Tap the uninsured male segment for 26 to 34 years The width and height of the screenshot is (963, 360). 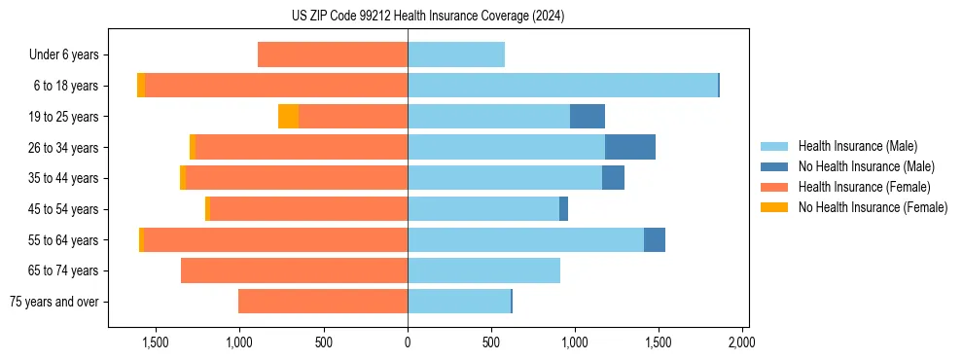(629, 147)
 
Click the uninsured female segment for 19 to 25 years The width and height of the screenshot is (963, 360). (288, 117)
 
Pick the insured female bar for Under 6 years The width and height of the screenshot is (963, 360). (333, 54)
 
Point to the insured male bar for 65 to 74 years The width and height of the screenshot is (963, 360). (483, 270)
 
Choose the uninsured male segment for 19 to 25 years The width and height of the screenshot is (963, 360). (587, 117)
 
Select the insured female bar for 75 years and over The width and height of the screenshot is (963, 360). (323, 302)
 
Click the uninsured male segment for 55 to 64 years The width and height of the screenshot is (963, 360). (654, 239)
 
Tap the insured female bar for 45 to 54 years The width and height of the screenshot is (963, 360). (308, 209)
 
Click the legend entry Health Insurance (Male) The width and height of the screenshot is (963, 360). (856, 146)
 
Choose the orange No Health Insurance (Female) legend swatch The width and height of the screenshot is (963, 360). (774, 207)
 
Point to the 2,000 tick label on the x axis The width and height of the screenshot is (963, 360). (741, 342)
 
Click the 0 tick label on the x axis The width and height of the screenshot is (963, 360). (408, 342)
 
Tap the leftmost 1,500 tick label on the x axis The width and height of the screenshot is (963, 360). (156, 342)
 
